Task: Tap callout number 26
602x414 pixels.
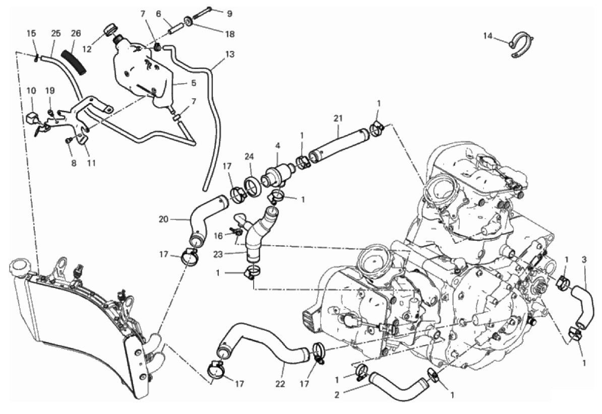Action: [76, 34]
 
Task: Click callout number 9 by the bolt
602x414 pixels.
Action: [229, 14]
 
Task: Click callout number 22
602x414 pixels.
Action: [280, 384]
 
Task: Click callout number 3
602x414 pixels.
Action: [584, 259]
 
